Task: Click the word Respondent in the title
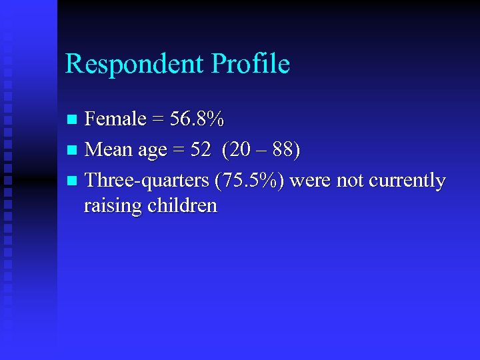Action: pyautogui.click(x=135, y=65)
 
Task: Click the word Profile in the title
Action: pyautogui.click(x=251, y=65)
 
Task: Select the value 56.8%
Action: pyautogui.click(x=197, y=119)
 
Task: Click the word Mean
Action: pyautogui.click(x=109, y=150)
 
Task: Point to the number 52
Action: pyautogui.click(x=200, y=150)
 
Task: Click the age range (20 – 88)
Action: pyautogui.click(x=261, y=150)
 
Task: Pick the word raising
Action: pyautogui.click(x=113, y=205)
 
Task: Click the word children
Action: pyautogui.click(x=183, y=205)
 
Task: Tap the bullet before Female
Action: pyautogui.click(x=73, y=121)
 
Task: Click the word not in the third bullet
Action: pyautogui.click(x=349, y=181)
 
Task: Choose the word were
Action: pyautogui.click(x=312, y=181)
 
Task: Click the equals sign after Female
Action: pyautogui.click(x=158, y=120)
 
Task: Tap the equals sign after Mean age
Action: pyautogui.click(x=179, y=151)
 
